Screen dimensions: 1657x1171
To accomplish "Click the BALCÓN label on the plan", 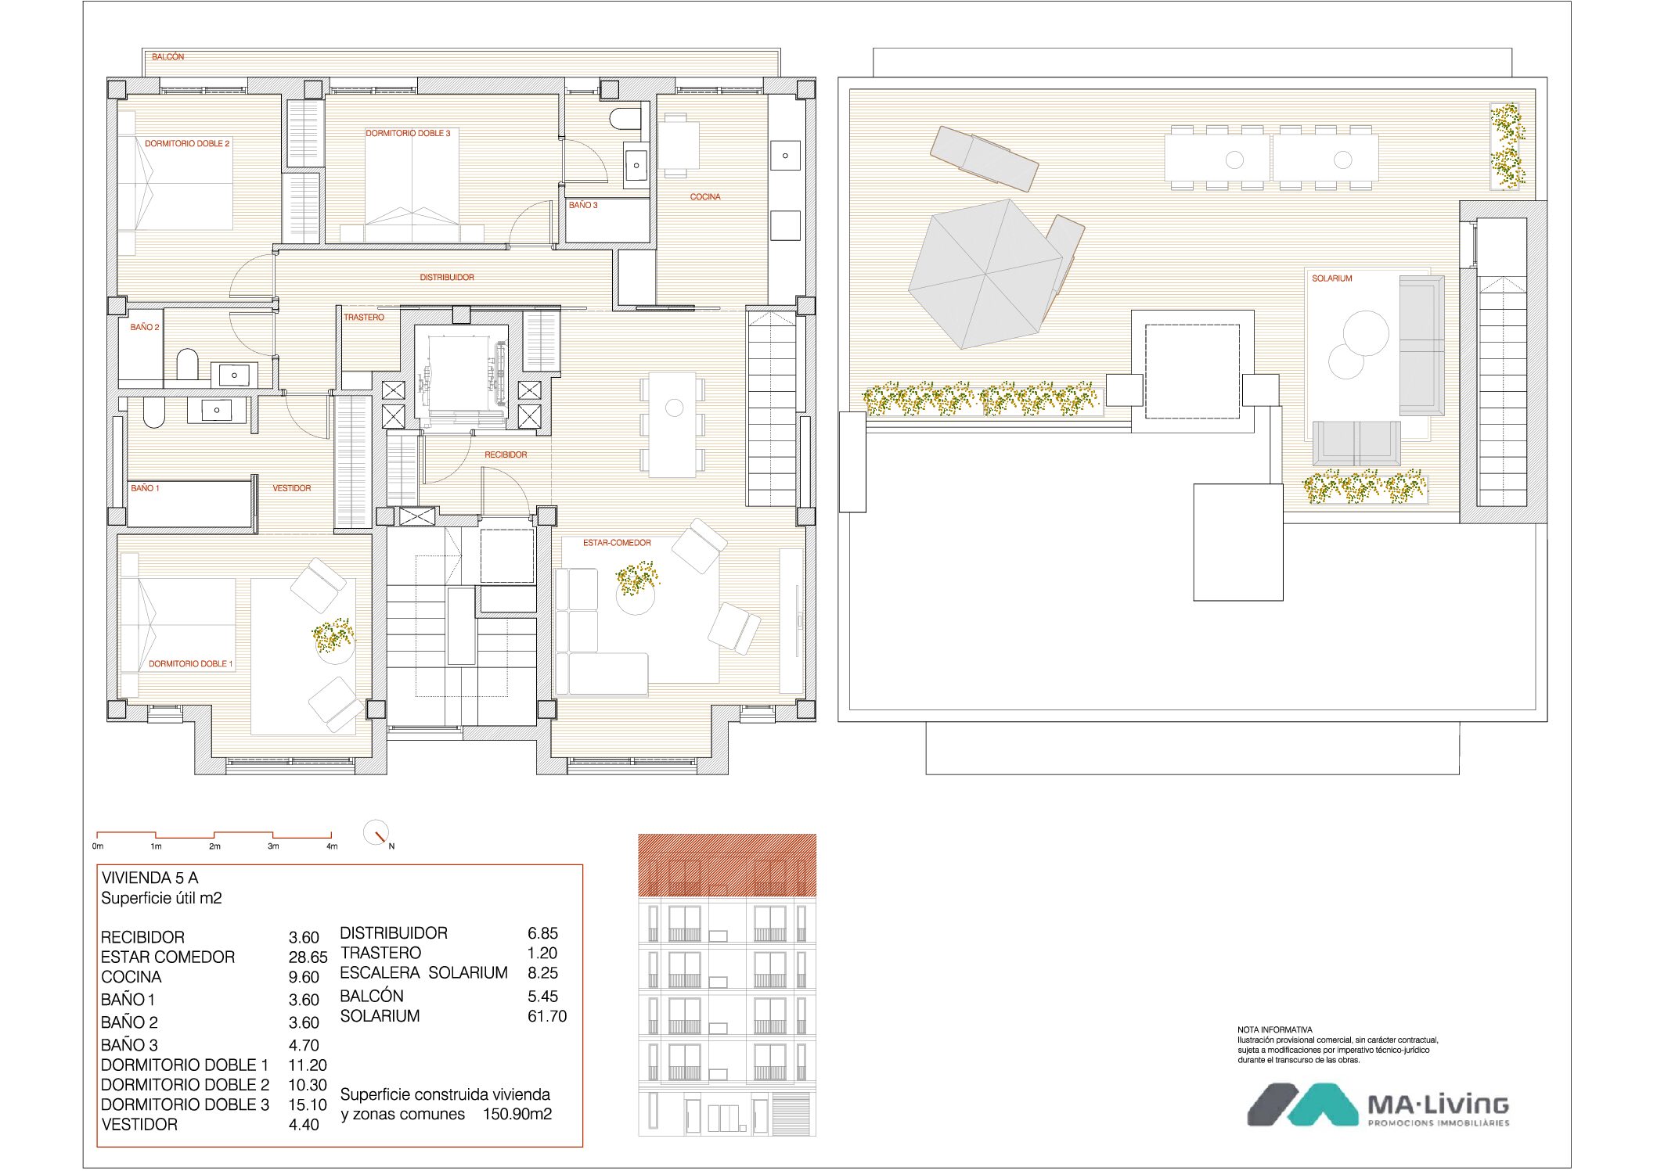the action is coord(168,57).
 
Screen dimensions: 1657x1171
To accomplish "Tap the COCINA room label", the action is coord(705,197).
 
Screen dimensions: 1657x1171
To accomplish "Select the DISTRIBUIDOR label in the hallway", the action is coord(447,278).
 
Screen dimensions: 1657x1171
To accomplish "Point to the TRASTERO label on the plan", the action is coord(364,318).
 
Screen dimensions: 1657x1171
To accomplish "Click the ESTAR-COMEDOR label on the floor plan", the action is coord(617,543).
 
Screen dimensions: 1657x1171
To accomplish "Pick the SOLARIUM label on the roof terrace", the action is coord(1332,278).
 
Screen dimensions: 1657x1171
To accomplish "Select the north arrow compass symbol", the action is coord(377,832).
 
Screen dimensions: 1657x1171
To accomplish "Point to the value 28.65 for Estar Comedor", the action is coord(308,957).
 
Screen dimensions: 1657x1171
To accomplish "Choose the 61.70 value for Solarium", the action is coord(547,1016).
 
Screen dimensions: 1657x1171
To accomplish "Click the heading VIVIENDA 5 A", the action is coord(149,878).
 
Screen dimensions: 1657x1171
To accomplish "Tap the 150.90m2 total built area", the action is coord(517,1114).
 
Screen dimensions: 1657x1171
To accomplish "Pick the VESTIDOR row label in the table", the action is coord(139,1125).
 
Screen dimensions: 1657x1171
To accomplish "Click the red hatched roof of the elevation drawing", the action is coord(727,865).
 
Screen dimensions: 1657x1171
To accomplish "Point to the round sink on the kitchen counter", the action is coord(785,156).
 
